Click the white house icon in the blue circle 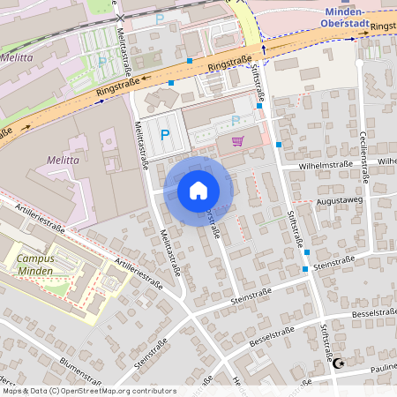point(198,191)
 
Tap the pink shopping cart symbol point(237,141)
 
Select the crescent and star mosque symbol point(337,363)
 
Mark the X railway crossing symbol point(120,17)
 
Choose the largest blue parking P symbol point(165,135)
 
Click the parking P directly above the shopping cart point(235,120)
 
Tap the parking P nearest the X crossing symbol point(160,18)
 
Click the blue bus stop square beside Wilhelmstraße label point(279,144)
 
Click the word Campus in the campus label point(34,259)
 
